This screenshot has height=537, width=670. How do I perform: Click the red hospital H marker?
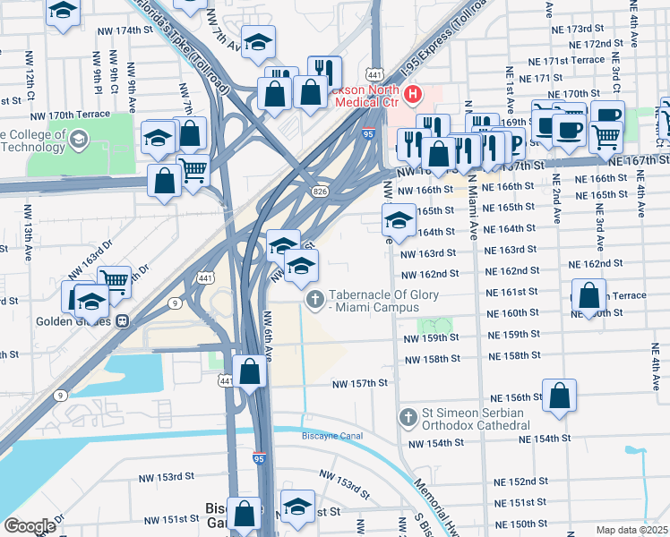point(413,94)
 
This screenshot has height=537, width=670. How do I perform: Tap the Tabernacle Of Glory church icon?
point(314,300)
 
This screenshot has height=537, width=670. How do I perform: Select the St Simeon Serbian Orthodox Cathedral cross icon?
point(408,418)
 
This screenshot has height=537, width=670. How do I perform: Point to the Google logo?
point(30,526)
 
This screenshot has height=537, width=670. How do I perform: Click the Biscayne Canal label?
point(324,439)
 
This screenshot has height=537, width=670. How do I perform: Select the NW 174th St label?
point(123,30)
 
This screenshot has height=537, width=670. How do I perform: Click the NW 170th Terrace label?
point(72,115)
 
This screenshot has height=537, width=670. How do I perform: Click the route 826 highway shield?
point(319,192)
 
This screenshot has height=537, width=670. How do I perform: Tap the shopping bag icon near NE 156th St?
point(559,395)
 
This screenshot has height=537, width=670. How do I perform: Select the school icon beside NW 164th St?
point(399,218)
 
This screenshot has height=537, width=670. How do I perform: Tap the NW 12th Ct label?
point(30,82)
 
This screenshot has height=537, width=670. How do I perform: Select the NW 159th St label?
point(432,338)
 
